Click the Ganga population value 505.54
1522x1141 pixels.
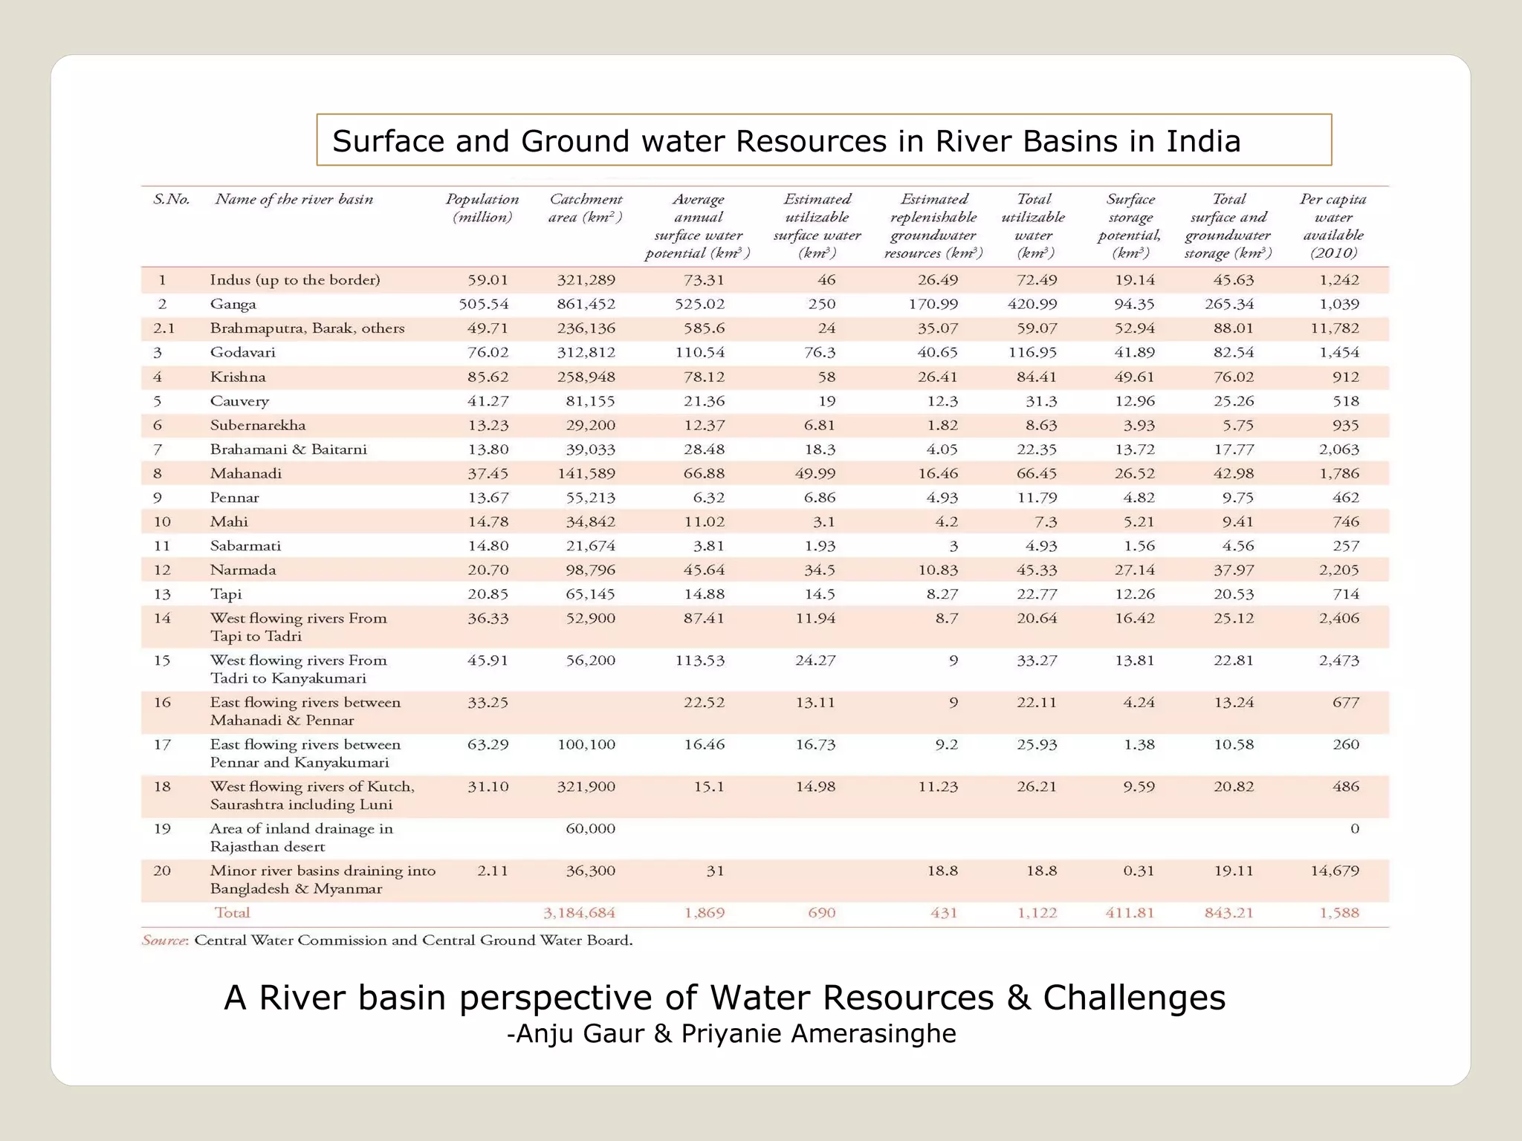pos(483,305)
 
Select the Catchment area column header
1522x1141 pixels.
pos(586,208)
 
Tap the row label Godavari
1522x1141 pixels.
pos(242,353)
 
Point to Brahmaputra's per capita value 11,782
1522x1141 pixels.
pos(1335,328)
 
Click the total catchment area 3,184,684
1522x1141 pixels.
pos(579,913)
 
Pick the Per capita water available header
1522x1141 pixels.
pos(1333,226)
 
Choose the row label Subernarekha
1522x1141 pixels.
pos(258,426)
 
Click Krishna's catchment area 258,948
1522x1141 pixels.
pos(586,377)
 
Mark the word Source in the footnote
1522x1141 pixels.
pos(163,940)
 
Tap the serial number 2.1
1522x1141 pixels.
pos(164,328)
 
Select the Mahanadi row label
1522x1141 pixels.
pos(246,474)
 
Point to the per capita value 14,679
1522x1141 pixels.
pos(1335,871)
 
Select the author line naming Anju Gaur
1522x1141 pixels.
pos(731,1033)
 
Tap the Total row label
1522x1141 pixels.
pos(232,913)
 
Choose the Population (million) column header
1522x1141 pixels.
pos(482,208)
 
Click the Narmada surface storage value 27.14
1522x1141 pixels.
pos(1134,570)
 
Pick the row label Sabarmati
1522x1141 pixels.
pos(245,546)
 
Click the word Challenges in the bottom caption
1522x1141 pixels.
pos(1134,998)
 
